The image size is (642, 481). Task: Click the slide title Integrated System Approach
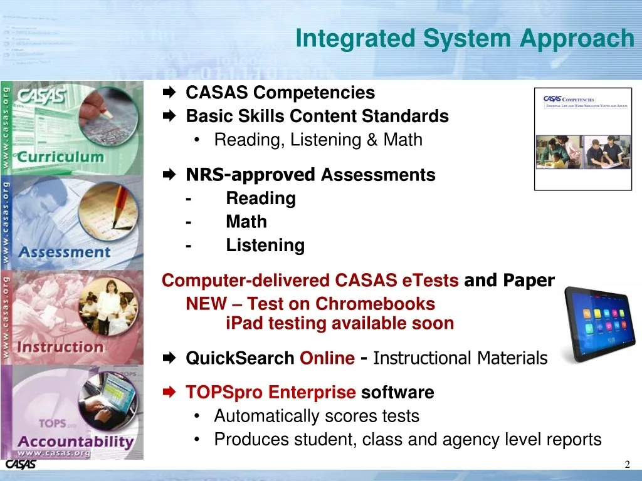465,39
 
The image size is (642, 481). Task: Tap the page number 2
627,464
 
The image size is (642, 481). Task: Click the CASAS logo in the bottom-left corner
21,465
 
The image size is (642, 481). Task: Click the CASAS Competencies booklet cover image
582,138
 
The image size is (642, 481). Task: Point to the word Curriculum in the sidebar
60,157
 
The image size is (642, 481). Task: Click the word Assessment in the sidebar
64,252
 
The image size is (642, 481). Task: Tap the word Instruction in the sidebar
60,346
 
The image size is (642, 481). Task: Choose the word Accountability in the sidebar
76,441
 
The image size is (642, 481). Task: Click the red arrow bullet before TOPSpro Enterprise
169,393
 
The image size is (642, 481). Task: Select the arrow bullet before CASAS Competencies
169,93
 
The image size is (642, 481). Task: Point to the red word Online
327,358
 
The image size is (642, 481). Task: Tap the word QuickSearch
240,358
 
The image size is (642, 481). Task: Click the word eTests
431,281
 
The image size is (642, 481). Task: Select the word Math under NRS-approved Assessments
246,222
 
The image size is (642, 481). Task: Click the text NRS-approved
250,175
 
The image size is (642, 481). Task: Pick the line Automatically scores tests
317,416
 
